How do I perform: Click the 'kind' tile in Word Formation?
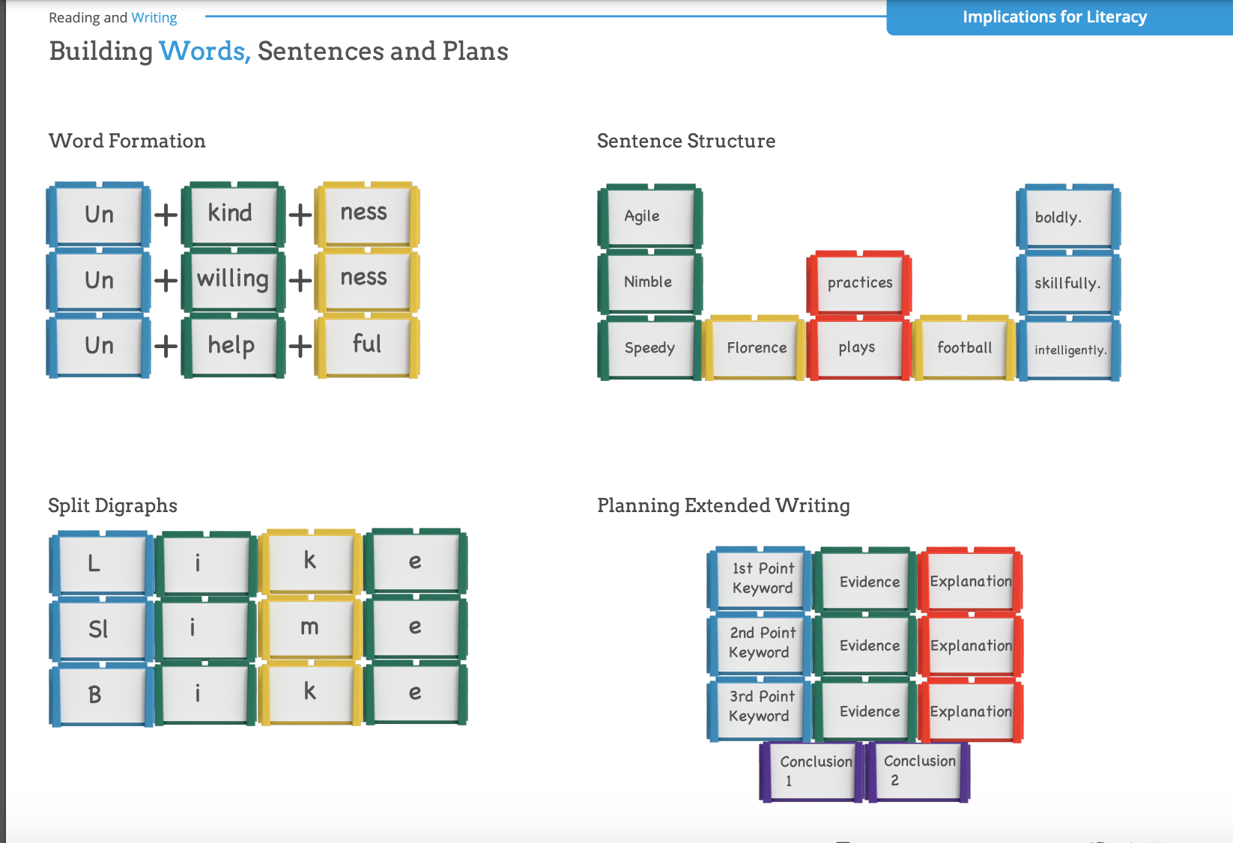pyautogui.click(x=232, y=213)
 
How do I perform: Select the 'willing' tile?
pyautogui.click(x=233, y=279)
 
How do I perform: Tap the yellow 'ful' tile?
pyautogui.click(x=366, y=344)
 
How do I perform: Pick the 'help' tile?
pyautogui.click(x=232, y=345)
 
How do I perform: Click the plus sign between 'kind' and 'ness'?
pyautogui.click(x=300, y=215)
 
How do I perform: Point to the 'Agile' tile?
pyautogui.click(x=649, y=216)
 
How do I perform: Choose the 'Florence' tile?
pyautogui.click(x=756, y=347)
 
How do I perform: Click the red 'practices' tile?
pyautogui.click(x=859, y=283)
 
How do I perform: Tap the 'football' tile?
pyautogui.click(x=964, y=347)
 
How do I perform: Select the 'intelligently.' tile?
pyautogui.click(x=1069, y=350)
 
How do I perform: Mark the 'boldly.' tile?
pyautogui.click(x=1067, y=217)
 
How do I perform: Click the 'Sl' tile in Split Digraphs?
pyautogui.click(x=100, y=629)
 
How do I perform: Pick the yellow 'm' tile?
pyautogui.click(x=309, y=627)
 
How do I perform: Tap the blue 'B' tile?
pyautogui.click(x=98, y=694)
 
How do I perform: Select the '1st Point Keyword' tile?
pyautogui.click(x=761, y=578)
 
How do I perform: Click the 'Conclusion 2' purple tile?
pyautogui.click(x=918, y=770)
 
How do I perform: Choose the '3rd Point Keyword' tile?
pyautogui.click(x=760, y=707)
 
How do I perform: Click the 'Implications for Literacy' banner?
pyautogui.click(x=1055, y=17)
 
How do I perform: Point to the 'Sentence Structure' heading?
pyautogui.click(x=686, y=141)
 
